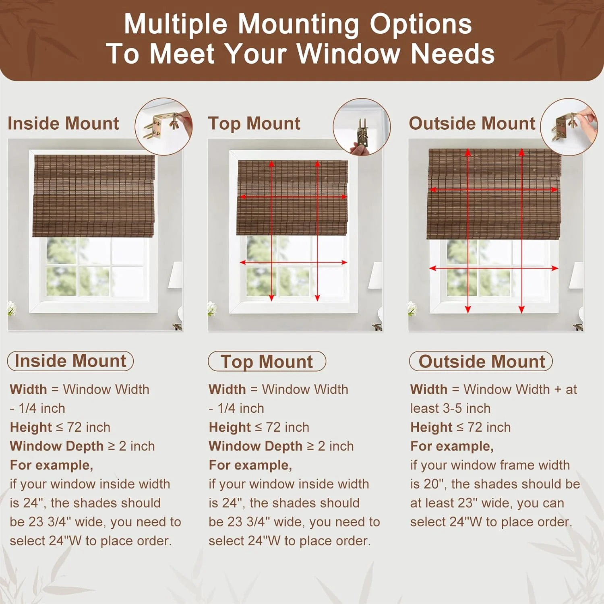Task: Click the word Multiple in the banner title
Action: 176,24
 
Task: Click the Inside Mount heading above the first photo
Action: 63,123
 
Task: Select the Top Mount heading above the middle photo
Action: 254,124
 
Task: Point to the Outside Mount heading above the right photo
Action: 472,123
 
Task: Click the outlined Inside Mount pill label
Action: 70,361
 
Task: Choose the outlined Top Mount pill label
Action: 267,361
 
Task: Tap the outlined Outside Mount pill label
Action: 481,361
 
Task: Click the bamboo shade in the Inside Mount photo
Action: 93,196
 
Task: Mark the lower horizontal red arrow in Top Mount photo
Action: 294,262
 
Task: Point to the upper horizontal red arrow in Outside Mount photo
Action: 494,189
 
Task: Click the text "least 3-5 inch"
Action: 450,408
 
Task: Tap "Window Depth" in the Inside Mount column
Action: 57,446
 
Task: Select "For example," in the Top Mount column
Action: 250,465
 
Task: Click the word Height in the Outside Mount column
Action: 432,427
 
